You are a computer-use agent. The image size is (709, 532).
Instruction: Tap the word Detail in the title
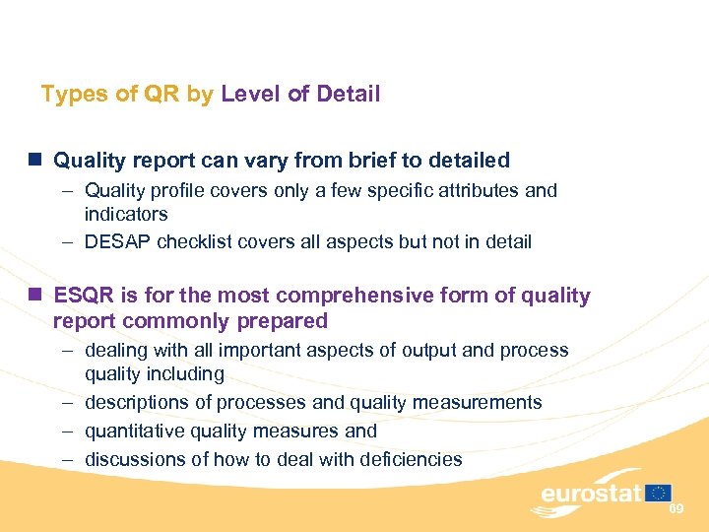point(347,95)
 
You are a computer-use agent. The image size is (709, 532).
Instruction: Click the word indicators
point(126,214)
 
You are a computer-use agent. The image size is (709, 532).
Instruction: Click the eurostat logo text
point(590,494)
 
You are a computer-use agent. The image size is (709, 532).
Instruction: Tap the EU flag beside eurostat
point(659,493)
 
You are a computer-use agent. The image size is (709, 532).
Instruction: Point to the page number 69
point(677,508)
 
